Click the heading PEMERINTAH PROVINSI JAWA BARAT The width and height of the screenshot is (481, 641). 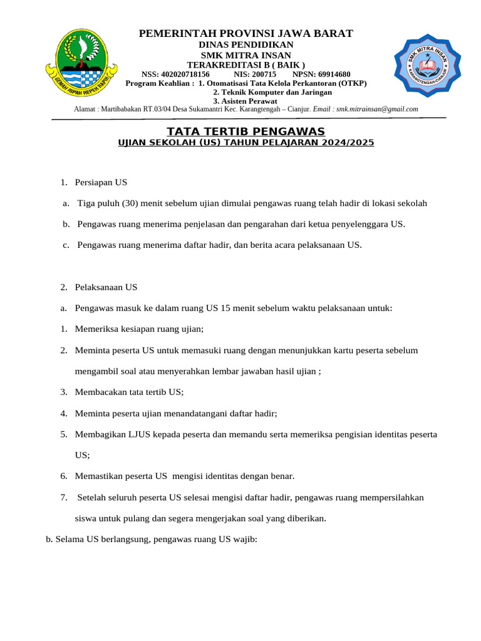(x=246, y=33)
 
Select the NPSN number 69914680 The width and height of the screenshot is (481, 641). (x=334, y=74)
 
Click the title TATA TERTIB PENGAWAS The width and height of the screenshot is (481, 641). (x=246, y=131)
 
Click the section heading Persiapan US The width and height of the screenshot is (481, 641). (x=101, y=182)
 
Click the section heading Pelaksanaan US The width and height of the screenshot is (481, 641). (x=106, y=287)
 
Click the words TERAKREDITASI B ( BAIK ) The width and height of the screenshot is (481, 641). (x=246, y=65)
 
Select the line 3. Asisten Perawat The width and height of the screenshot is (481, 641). (x=246, y=100)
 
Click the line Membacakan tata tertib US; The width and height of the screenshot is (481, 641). (x=129, y=392)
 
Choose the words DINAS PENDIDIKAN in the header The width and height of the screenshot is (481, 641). (x=246, y=45)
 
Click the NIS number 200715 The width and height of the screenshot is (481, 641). (x=264, y=74)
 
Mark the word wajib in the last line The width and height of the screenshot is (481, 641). (x=244, y=540)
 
